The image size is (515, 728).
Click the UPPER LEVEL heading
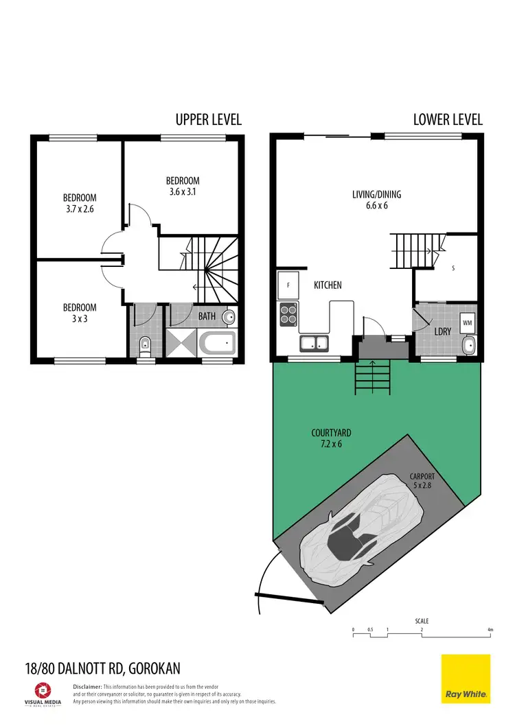click(x=208, y=119)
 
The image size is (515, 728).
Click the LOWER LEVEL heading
click(x=448, y=119)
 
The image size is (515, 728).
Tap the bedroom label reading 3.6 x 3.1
click(x=183, y=187)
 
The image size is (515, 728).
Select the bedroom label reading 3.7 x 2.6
click(x=80, y=204)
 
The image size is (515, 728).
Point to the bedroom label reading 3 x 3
click(x=80, y=313)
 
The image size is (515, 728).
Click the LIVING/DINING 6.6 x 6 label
click(x=376, y=200)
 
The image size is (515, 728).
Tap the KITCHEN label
click(x=328, y=285)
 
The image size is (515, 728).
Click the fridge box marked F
click(x=288, y=284)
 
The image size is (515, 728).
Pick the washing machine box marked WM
click(x=467, y=322)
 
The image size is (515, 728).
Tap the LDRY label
click(x=443, y=331)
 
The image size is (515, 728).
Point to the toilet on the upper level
click(x=145, y=344)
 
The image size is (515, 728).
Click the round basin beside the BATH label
click(x=229, y=316)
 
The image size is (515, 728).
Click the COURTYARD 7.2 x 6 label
click(x=331, y=438)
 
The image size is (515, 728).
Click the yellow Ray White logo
click(x=466, y=678)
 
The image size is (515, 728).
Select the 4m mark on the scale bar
click(x=490, y=629)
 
